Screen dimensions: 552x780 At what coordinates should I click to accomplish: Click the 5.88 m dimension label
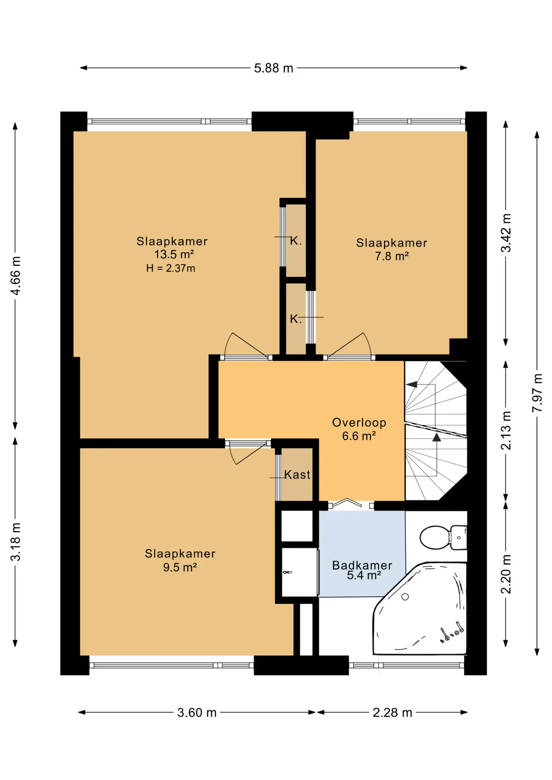[x=274, y=68]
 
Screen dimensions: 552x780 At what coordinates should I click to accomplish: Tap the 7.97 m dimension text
[x=537, y=392]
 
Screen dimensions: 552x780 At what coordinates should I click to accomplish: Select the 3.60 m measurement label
[x=197, y=713]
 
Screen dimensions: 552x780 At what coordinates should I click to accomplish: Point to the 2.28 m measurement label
[x=392, y=713]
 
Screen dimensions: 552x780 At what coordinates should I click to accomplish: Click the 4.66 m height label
[x=15, y=275]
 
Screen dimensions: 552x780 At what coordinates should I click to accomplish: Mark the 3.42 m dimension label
[x=506, y=233]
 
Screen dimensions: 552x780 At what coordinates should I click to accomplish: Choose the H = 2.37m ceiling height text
[x=171, y=268]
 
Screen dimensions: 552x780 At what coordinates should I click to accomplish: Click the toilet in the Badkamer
[x=443, y=537]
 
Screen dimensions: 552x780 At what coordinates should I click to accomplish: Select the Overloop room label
[x=359, y=422]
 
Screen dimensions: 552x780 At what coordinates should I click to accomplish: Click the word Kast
[x=297, y=474]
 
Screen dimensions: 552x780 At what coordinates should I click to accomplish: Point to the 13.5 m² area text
[x=174, y=254]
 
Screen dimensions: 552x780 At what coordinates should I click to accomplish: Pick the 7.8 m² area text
[x=392, y=256]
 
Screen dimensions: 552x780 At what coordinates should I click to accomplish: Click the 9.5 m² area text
[x=180, y=567]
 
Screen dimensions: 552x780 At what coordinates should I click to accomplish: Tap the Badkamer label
[x=362, y=565]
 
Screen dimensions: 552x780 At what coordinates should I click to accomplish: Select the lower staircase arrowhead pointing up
[x=437, y=437]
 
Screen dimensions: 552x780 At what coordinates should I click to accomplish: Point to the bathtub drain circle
[x=405, y=597]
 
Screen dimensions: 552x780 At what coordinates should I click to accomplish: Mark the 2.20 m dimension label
[x=506, y=574]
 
